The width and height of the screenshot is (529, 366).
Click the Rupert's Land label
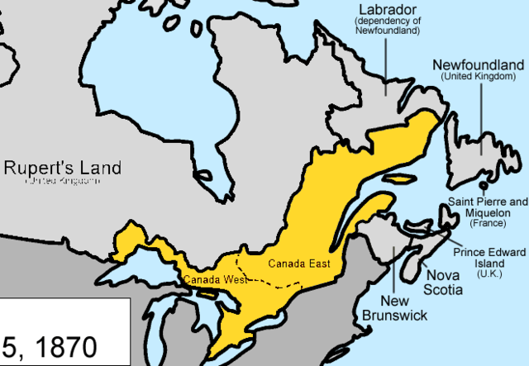click(x=62, y=168)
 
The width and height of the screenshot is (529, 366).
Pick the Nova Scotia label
click(x=443, y=282)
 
